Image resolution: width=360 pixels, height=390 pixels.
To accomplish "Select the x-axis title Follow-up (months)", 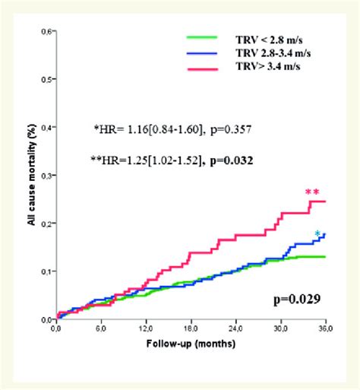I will (191, 344).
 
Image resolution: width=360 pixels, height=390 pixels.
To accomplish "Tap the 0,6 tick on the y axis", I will (46, 32).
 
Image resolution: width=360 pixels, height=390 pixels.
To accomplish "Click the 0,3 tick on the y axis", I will (46, 176).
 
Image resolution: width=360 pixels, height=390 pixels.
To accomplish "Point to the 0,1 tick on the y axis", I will (46, 271).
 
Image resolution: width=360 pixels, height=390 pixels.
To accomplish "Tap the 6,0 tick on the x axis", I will (101, 331).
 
